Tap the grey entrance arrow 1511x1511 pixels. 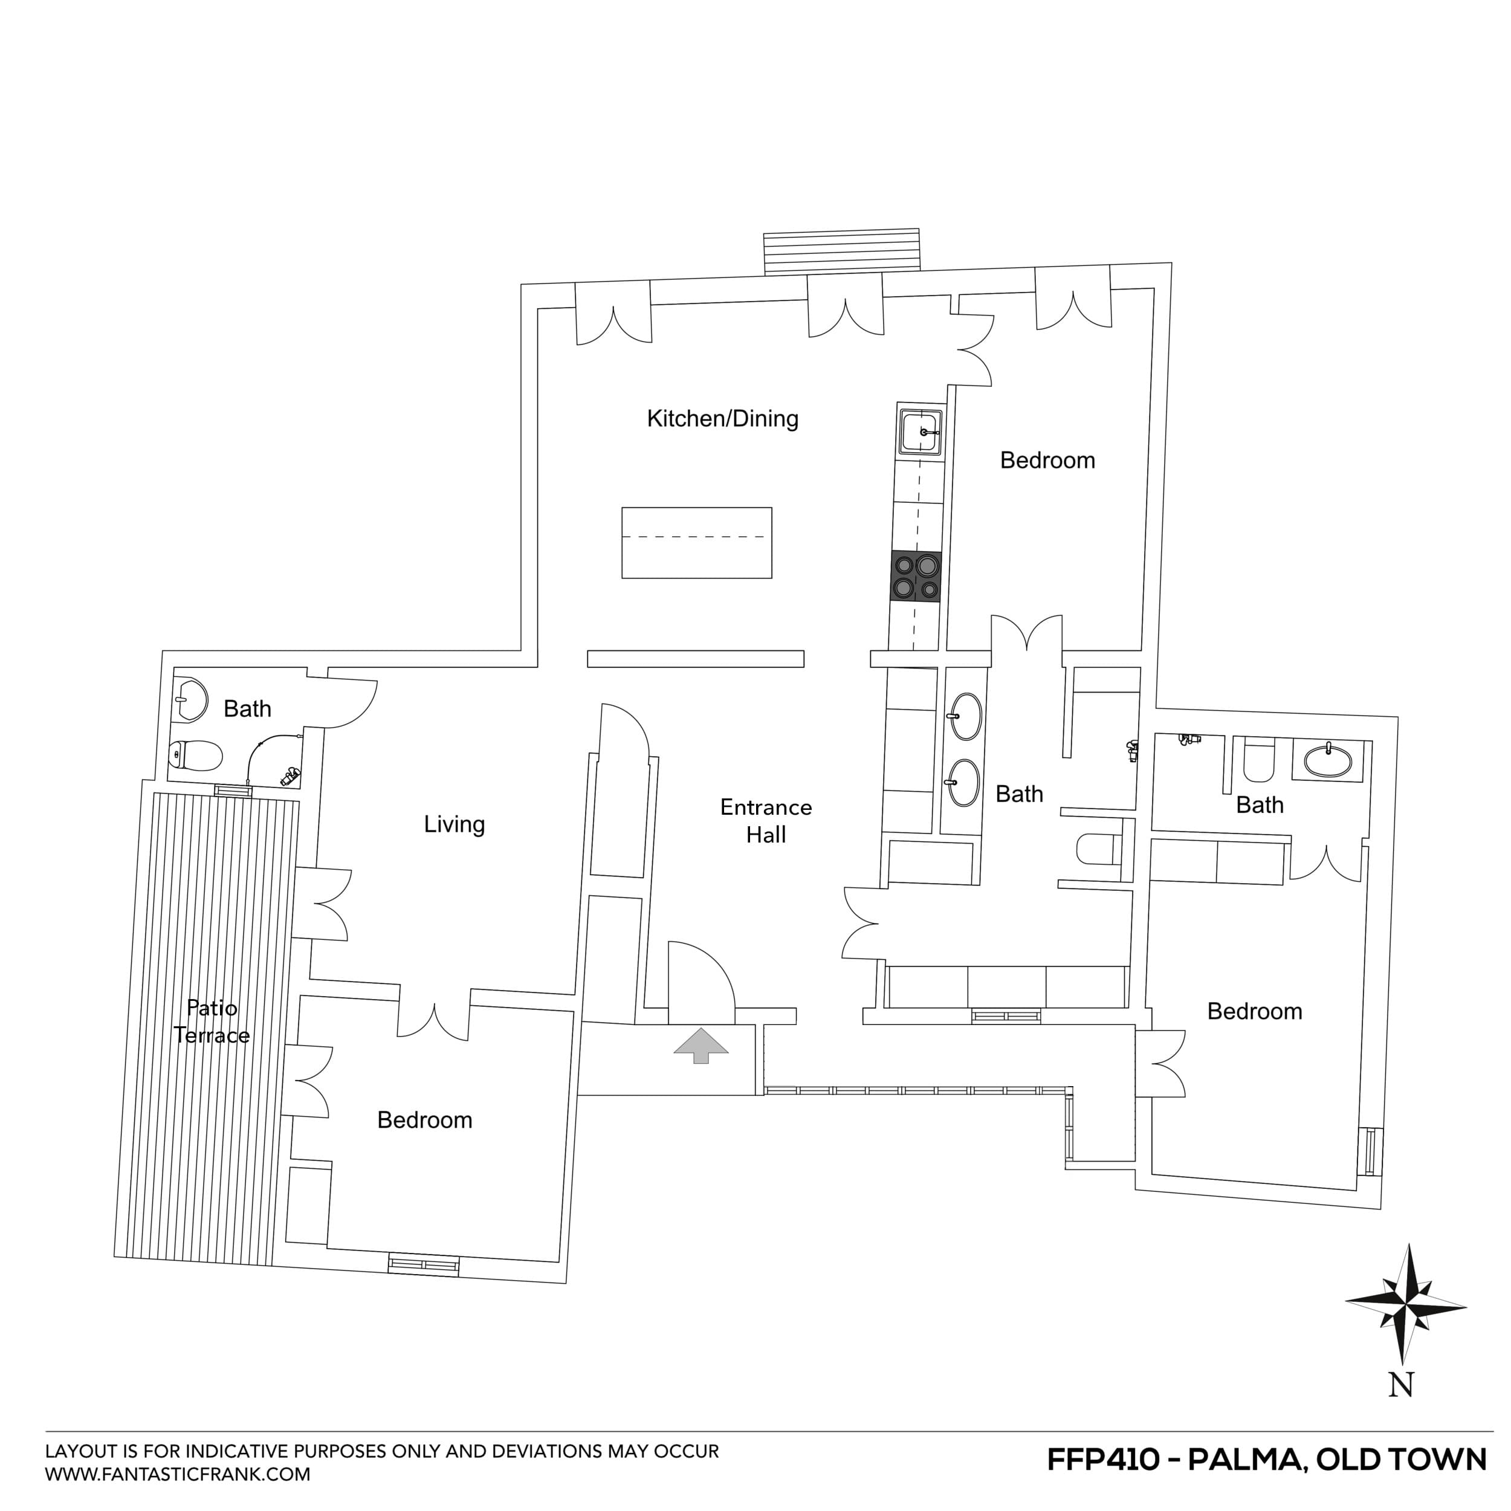pos(700,1045)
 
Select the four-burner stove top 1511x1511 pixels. pos(915,577)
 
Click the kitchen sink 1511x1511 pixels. pos(920,431)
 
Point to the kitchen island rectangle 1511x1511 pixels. pos(696,543)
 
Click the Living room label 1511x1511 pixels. pos(454,824)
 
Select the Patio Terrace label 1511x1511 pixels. pos(211,1021)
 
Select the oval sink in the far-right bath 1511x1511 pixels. pos(1327,760)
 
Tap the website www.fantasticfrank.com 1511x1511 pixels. pos(178,1474)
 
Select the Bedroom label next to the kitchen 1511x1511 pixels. pos(1047,461)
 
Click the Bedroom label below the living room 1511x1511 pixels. pos(425,1120)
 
